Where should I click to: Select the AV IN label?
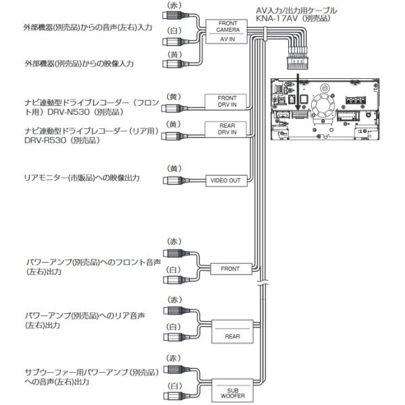tap(227, 39)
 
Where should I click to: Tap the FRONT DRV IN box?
tap(225, 101)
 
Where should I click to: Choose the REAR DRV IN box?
tap(225, 129)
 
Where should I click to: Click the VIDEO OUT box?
tap(226, 180)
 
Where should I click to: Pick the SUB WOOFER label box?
tap(232, 390)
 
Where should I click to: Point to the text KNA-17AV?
tap(275, 18)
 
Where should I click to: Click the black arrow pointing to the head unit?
tap(298, 92)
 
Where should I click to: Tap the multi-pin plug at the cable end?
tap(298, 59)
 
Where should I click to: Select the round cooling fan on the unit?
tap(323, 106)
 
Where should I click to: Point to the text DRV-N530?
tap(68, 112)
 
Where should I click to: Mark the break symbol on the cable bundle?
tap(263, 283)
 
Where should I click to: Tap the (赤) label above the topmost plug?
tap(174, 5)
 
